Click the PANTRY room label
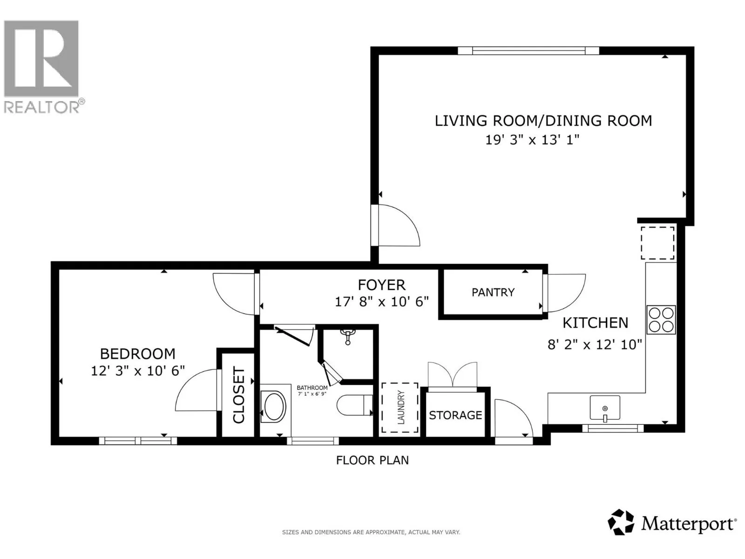click(x=493, y=292)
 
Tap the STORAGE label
click(x=455, y=415)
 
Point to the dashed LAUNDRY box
click(x=400, y=408)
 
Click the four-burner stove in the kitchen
click(x=661, y=320)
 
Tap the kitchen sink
click(x=605, y=408)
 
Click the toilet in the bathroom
click(x=354, y=405)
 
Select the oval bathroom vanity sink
click(x=274, y=407)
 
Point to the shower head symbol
click(x=347, y=336)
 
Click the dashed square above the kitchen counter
click(x=657, y=243)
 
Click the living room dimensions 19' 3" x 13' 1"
click(x=532, y=140)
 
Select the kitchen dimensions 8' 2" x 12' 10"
click(x=595, y=345)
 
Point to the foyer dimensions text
click(x=382, y=302)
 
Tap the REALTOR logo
click(x=42, y=66)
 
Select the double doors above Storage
click(x=453, y=375)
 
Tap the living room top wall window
click(x=528, y=51)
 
